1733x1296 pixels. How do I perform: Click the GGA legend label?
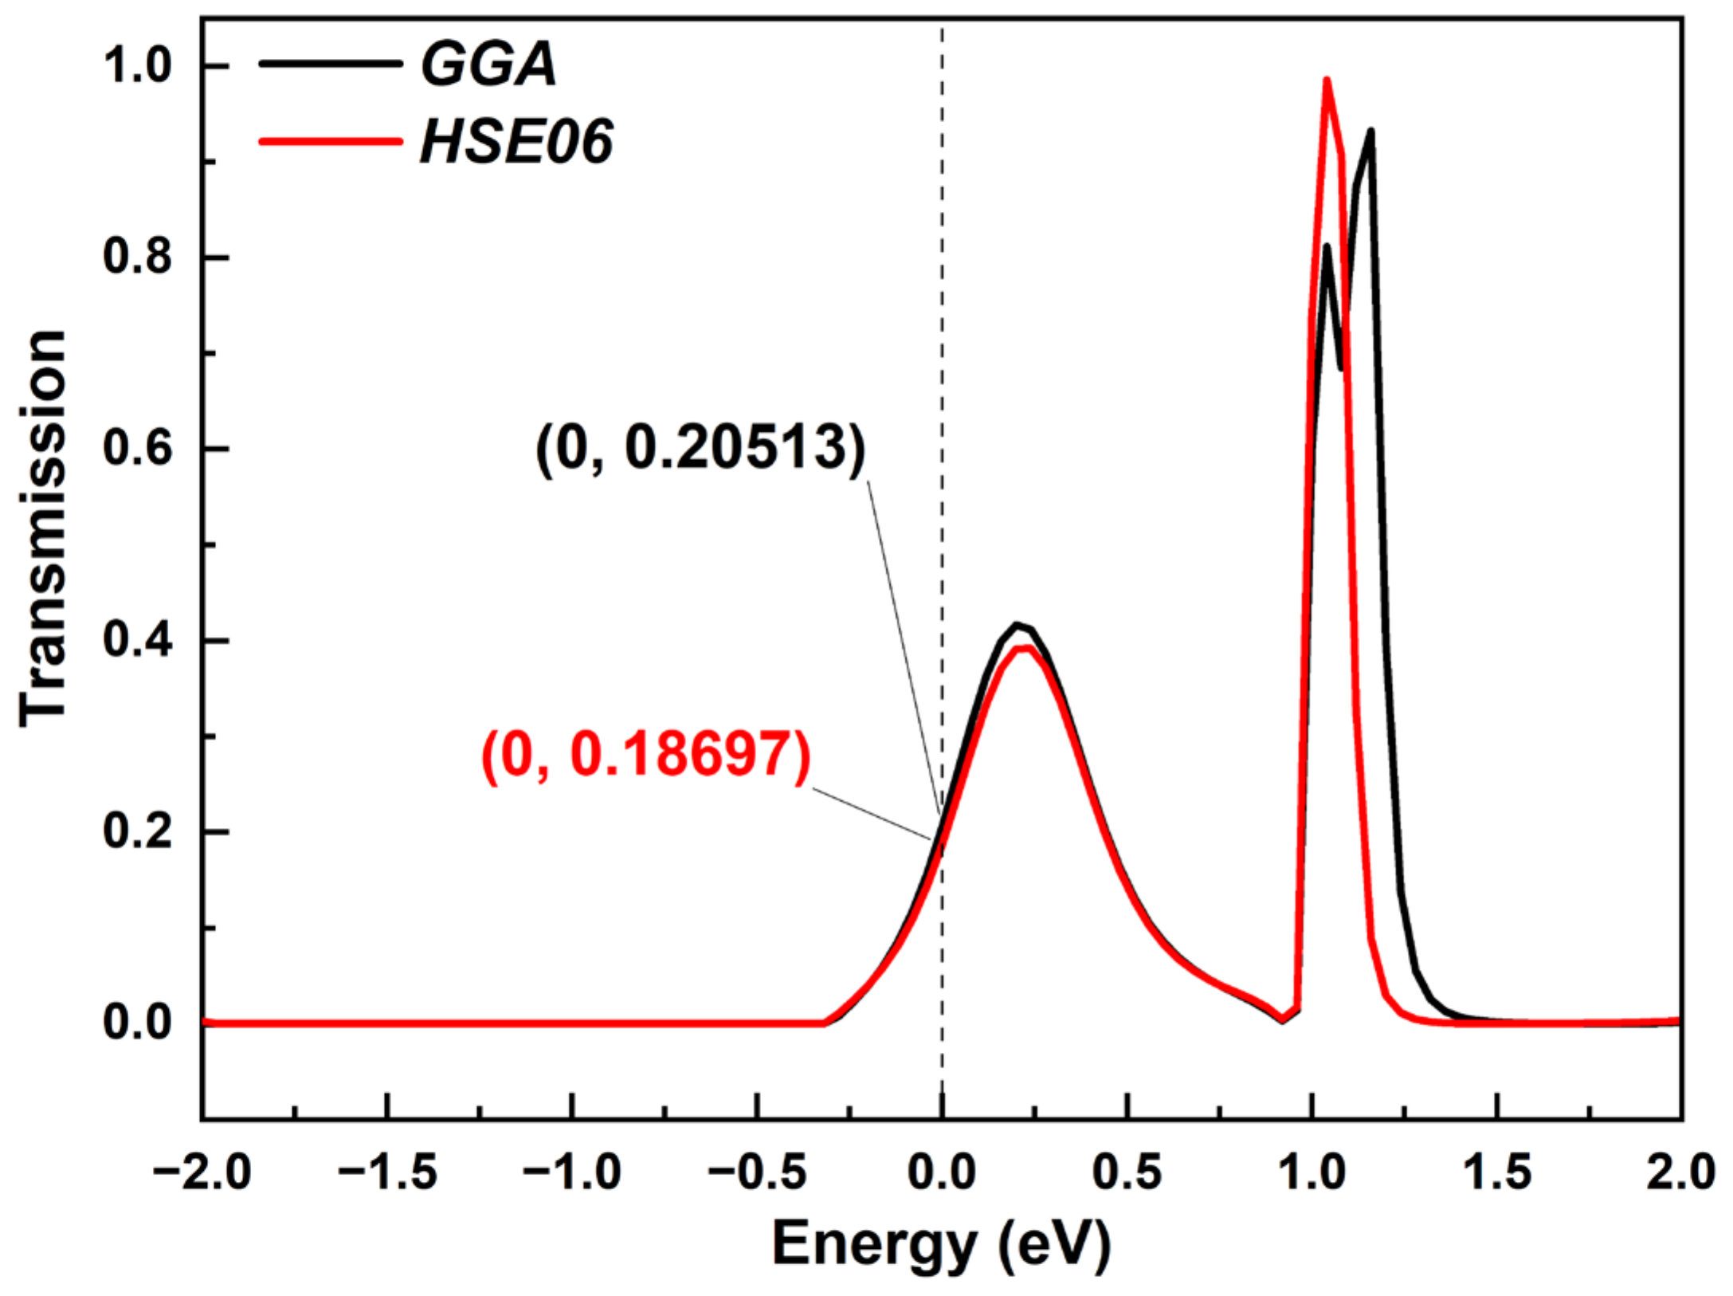point(488,64)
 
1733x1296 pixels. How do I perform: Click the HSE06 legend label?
point(516,142)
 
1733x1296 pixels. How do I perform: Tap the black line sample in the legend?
point(331,64)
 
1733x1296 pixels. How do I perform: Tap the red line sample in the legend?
point(331,142)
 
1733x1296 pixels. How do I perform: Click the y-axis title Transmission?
point(44,528)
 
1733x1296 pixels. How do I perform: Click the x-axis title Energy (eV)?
point(941,1244)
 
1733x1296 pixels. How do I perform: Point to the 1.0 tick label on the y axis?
point(137,65)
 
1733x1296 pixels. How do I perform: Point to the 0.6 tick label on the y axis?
point(137,448)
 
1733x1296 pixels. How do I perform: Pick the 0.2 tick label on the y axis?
point(137,831)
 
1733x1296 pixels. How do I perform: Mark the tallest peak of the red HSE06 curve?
point(1327,80)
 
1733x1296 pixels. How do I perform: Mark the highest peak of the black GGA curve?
point(1370,131)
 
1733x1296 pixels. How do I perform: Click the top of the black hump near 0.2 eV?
point(1017,625)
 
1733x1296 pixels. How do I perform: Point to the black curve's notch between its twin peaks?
point(1341,367)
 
